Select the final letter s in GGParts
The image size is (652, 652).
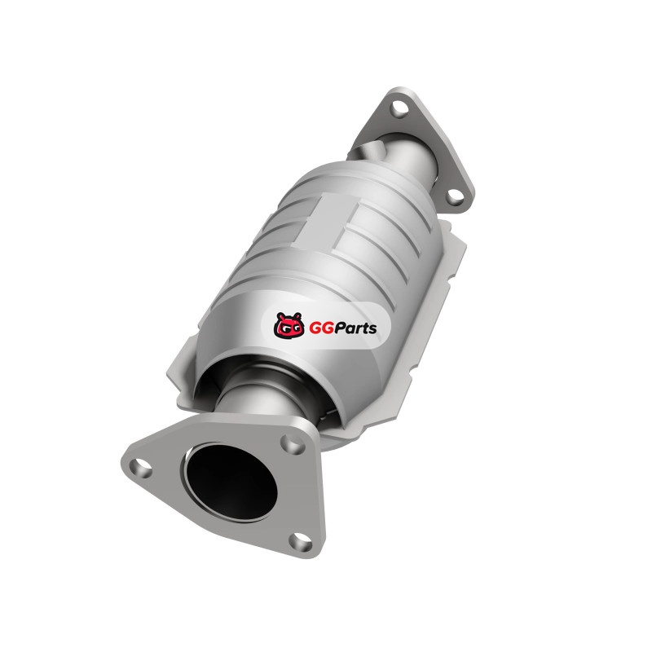[x=372, y=329]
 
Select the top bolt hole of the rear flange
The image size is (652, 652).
[x=399, y=108]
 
